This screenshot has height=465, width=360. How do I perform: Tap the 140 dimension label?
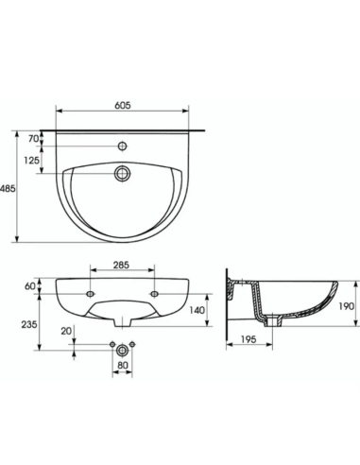coord(197,309)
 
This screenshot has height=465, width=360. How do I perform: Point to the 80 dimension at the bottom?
coord(123,363)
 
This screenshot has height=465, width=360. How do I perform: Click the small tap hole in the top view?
coord(123,147)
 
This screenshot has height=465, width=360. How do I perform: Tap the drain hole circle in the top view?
coord(123,174)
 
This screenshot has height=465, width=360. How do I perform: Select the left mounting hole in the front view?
coord(89,294)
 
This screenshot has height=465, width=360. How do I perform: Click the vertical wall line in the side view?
coord(228,302)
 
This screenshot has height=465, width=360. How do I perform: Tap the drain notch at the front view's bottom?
coord(123,320)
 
